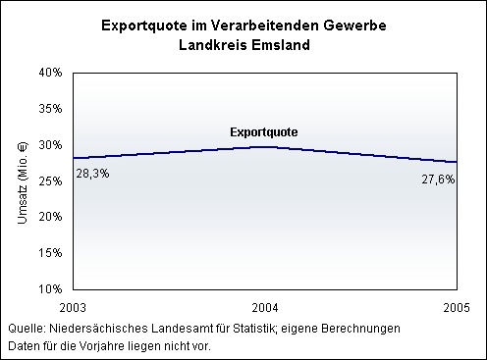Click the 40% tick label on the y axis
point(50,73)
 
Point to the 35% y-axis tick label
point(50,109)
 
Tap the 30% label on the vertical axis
point(50,145)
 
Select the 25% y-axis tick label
point(50,180)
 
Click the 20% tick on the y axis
point(50,217)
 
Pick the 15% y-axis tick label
point(50,253)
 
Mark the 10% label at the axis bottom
point(50,289)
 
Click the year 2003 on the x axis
point(73,308)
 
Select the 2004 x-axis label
point(265,308)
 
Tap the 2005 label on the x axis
point(457,308)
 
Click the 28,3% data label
point(92,174)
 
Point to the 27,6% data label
point(438,180)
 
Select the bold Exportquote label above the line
point(264,132)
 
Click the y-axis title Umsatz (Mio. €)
point(23,183)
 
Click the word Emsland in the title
point(281,45)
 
